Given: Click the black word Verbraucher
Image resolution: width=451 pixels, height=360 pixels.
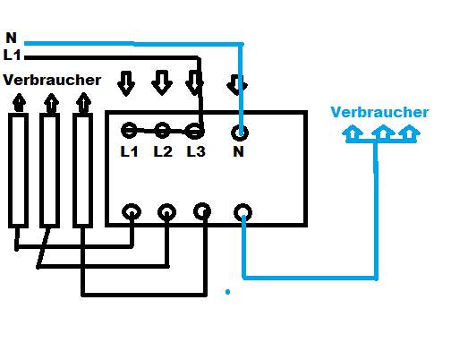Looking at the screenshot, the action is pos(52,80).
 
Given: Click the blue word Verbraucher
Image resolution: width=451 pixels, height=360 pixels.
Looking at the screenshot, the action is pos(379,112).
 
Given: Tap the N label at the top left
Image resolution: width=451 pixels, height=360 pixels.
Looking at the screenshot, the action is pos(12,38).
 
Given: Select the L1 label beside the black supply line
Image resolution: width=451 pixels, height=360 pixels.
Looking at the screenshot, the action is pos(13,56).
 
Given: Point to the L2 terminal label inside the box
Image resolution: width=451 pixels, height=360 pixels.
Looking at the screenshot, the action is pos(163,151).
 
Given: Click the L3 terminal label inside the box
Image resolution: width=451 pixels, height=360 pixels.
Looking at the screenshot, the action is pos(196,151).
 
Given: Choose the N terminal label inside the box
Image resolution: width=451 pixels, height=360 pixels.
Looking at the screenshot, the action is pos(238,151).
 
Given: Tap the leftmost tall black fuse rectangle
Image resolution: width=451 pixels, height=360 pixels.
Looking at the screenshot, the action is pos(10,170).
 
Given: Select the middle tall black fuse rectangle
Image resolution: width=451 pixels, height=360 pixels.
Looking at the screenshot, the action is pos(41,170).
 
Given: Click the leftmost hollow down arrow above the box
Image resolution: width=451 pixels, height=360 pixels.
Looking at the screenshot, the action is pos(126,83).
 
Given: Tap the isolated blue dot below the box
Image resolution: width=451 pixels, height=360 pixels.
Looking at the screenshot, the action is pos(227,292).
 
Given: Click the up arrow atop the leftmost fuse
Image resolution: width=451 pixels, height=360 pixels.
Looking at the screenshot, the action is pos(20,103).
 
